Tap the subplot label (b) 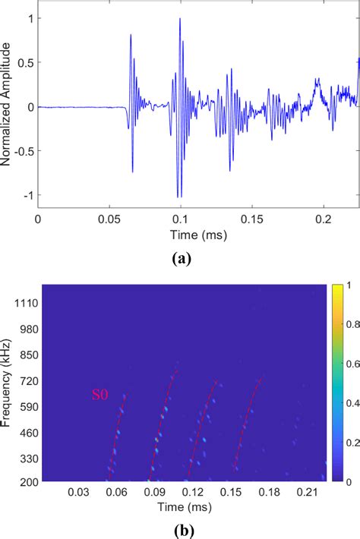coord(181,524)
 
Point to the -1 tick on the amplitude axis coord(28,196)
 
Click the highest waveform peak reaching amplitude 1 coord(180,20)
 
